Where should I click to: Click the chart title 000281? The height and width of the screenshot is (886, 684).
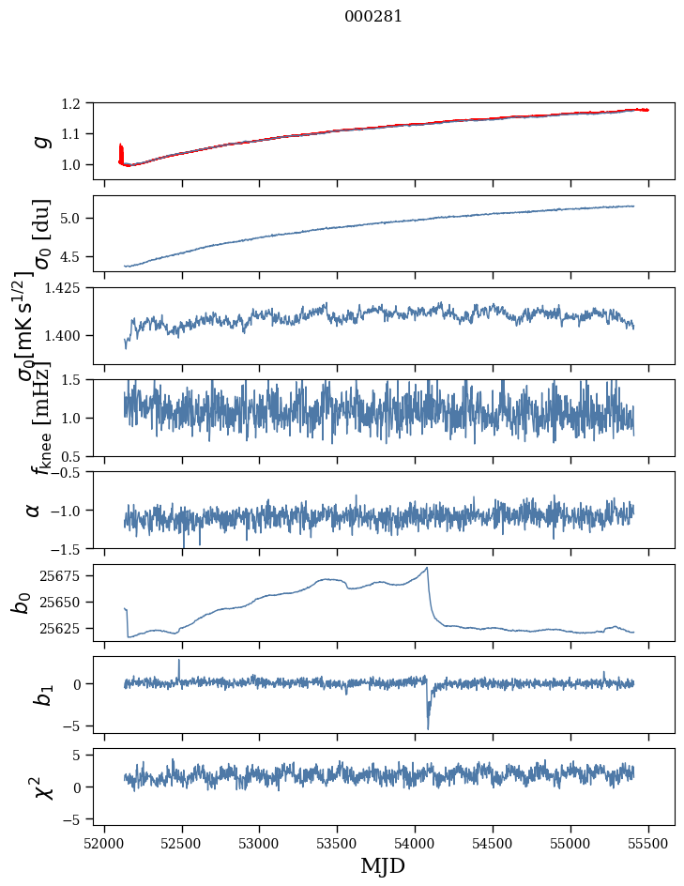(x=373, y=16)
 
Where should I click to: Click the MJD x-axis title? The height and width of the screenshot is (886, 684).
(x=383, y=865)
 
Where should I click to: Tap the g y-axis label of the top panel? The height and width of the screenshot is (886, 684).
(x=40, y=141)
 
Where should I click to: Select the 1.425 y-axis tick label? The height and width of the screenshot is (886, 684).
(x=66, y=288)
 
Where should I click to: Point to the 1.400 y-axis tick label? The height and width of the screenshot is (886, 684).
(x=66, y=335)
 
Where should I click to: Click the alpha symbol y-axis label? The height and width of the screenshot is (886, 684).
(x=34, y=510)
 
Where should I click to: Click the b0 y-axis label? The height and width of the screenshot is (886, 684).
(x=22, y=603)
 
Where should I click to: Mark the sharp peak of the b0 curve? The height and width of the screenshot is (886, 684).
(x=428, y=568)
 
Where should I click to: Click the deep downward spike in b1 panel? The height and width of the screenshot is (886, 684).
(x=428, y=728)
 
